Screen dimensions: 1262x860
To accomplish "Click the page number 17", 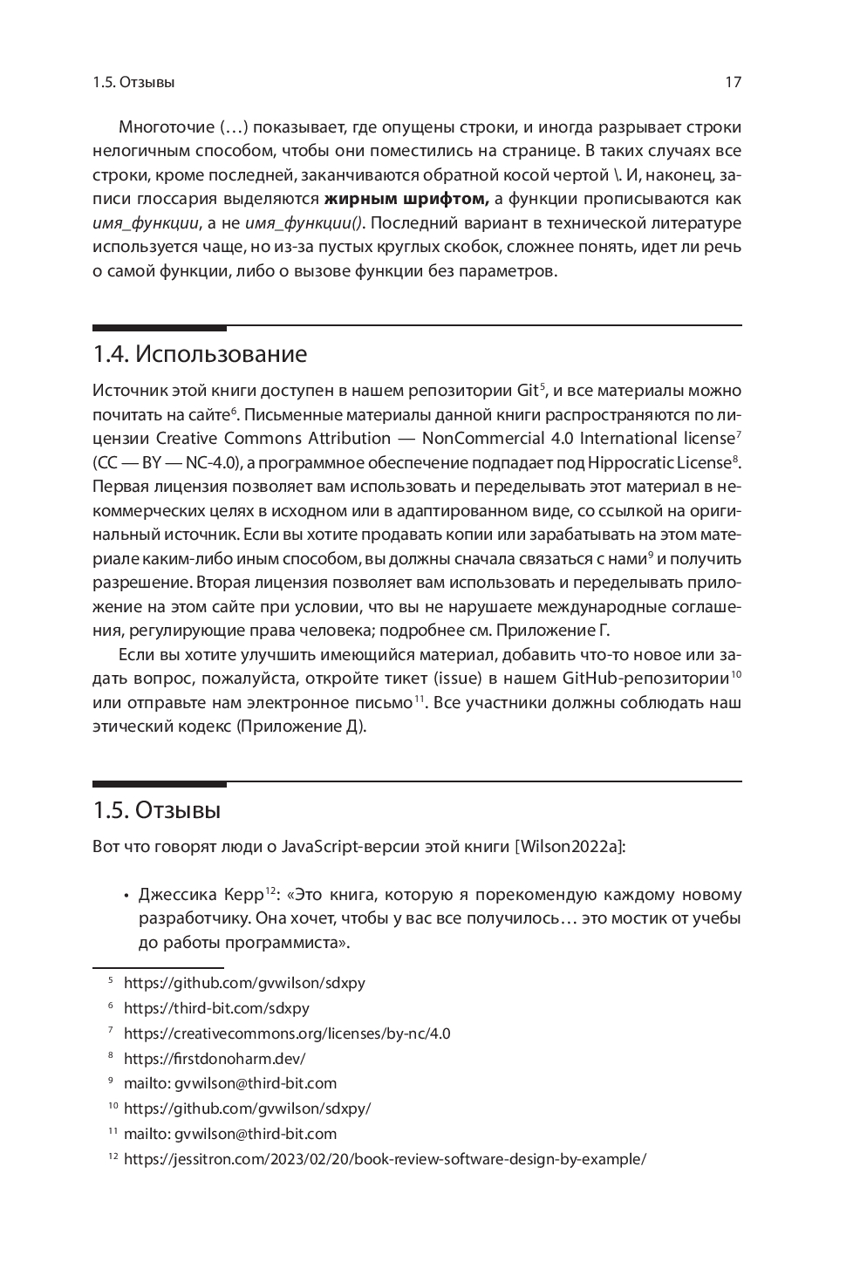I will (733, 83).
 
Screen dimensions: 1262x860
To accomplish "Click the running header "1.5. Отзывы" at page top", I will (133, 83).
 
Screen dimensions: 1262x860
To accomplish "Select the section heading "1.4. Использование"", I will (200, 354).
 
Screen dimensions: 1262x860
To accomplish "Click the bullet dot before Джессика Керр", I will (126, 896).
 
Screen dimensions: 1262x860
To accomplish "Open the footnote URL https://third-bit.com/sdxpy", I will (216, 1008).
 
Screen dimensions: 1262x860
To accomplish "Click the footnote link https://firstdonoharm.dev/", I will (215, 1059).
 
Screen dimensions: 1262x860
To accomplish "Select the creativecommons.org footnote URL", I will (287, 1033).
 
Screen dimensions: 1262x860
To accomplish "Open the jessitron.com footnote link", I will (385, 1160).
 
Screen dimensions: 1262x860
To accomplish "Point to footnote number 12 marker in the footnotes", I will (112, 1158).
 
